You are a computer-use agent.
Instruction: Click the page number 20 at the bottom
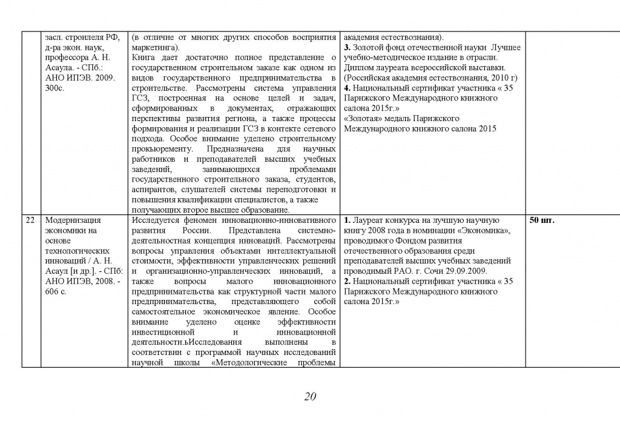click(310, 397)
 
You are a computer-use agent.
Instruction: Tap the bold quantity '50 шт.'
click(542, 221)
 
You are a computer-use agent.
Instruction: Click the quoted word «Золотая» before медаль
click(362, 118)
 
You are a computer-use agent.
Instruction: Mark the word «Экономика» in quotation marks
click(488, 231)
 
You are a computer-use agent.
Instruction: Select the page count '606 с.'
click(55, 292)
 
